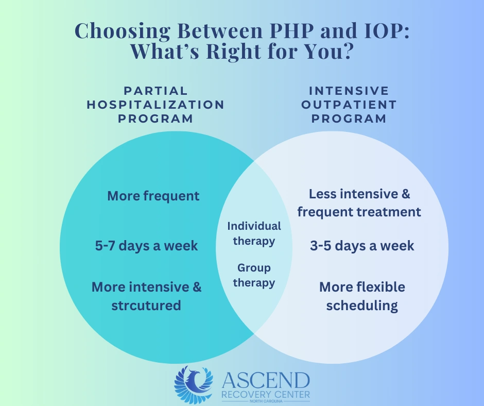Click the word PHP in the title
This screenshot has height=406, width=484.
292,30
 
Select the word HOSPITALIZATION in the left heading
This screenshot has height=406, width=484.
155,105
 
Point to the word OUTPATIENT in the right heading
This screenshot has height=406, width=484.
349,105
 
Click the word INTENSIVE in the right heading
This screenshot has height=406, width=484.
349,91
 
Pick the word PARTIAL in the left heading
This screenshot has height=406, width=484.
155,91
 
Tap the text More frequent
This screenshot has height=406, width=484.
153,196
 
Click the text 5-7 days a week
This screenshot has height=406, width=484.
146,246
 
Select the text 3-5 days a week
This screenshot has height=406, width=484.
362,246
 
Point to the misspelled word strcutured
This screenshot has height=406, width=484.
146,306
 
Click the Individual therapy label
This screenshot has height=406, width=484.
254,233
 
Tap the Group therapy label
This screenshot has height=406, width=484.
254,275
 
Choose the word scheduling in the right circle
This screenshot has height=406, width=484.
362,306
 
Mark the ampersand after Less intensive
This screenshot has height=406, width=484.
406,194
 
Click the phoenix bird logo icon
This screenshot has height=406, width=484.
194,385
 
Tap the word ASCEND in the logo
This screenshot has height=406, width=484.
266,381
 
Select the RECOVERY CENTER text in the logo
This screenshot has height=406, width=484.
266,395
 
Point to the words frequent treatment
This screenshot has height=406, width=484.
359,212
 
